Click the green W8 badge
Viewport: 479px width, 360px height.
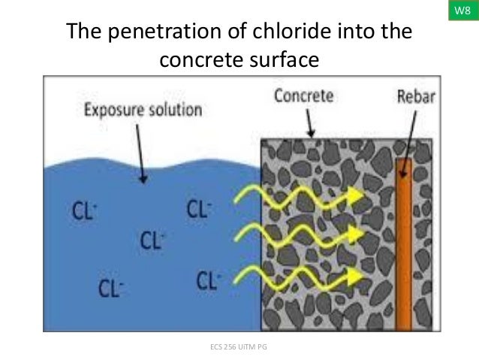coord(463,11)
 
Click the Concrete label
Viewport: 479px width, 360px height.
coord(304,97)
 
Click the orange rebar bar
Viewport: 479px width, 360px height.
coord(404,248)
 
